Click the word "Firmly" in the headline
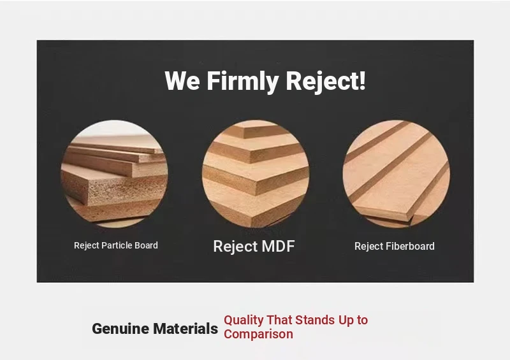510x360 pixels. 243,81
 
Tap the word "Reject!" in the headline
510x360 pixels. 326,81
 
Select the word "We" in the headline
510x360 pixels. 182,81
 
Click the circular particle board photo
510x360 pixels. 115,174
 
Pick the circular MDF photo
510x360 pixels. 256,174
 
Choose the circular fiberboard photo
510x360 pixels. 396,174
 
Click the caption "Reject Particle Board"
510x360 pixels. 116,245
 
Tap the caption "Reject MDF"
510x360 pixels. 254,246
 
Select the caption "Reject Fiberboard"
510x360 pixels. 394,246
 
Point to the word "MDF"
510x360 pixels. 278,246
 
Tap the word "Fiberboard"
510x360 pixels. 409,246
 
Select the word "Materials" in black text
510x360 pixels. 186,328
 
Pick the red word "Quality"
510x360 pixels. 244,320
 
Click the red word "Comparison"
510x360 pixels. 258,335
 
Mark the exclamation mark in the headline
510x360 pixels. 362,80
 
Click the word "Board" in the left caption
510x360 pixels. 147,245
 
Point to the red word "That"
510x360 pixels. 279,320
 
